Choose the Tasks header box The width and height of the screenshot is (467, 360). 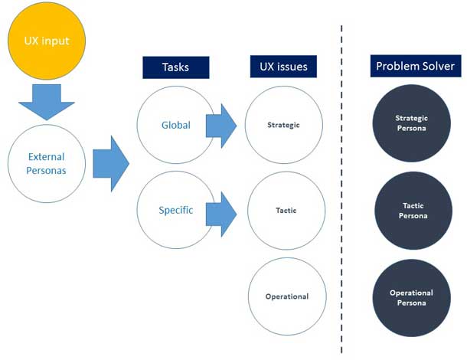point(176,67)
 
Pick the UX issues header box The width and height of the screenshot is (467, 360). point(279,67)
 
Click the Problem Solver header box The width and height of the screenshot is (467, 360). point(414,67)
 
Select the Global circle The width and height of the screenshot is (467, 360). point(175,126)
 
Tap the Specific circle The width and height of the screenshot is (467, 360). point(175,210)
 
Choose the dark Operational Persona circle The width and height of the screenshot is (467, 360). point(411,297)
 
